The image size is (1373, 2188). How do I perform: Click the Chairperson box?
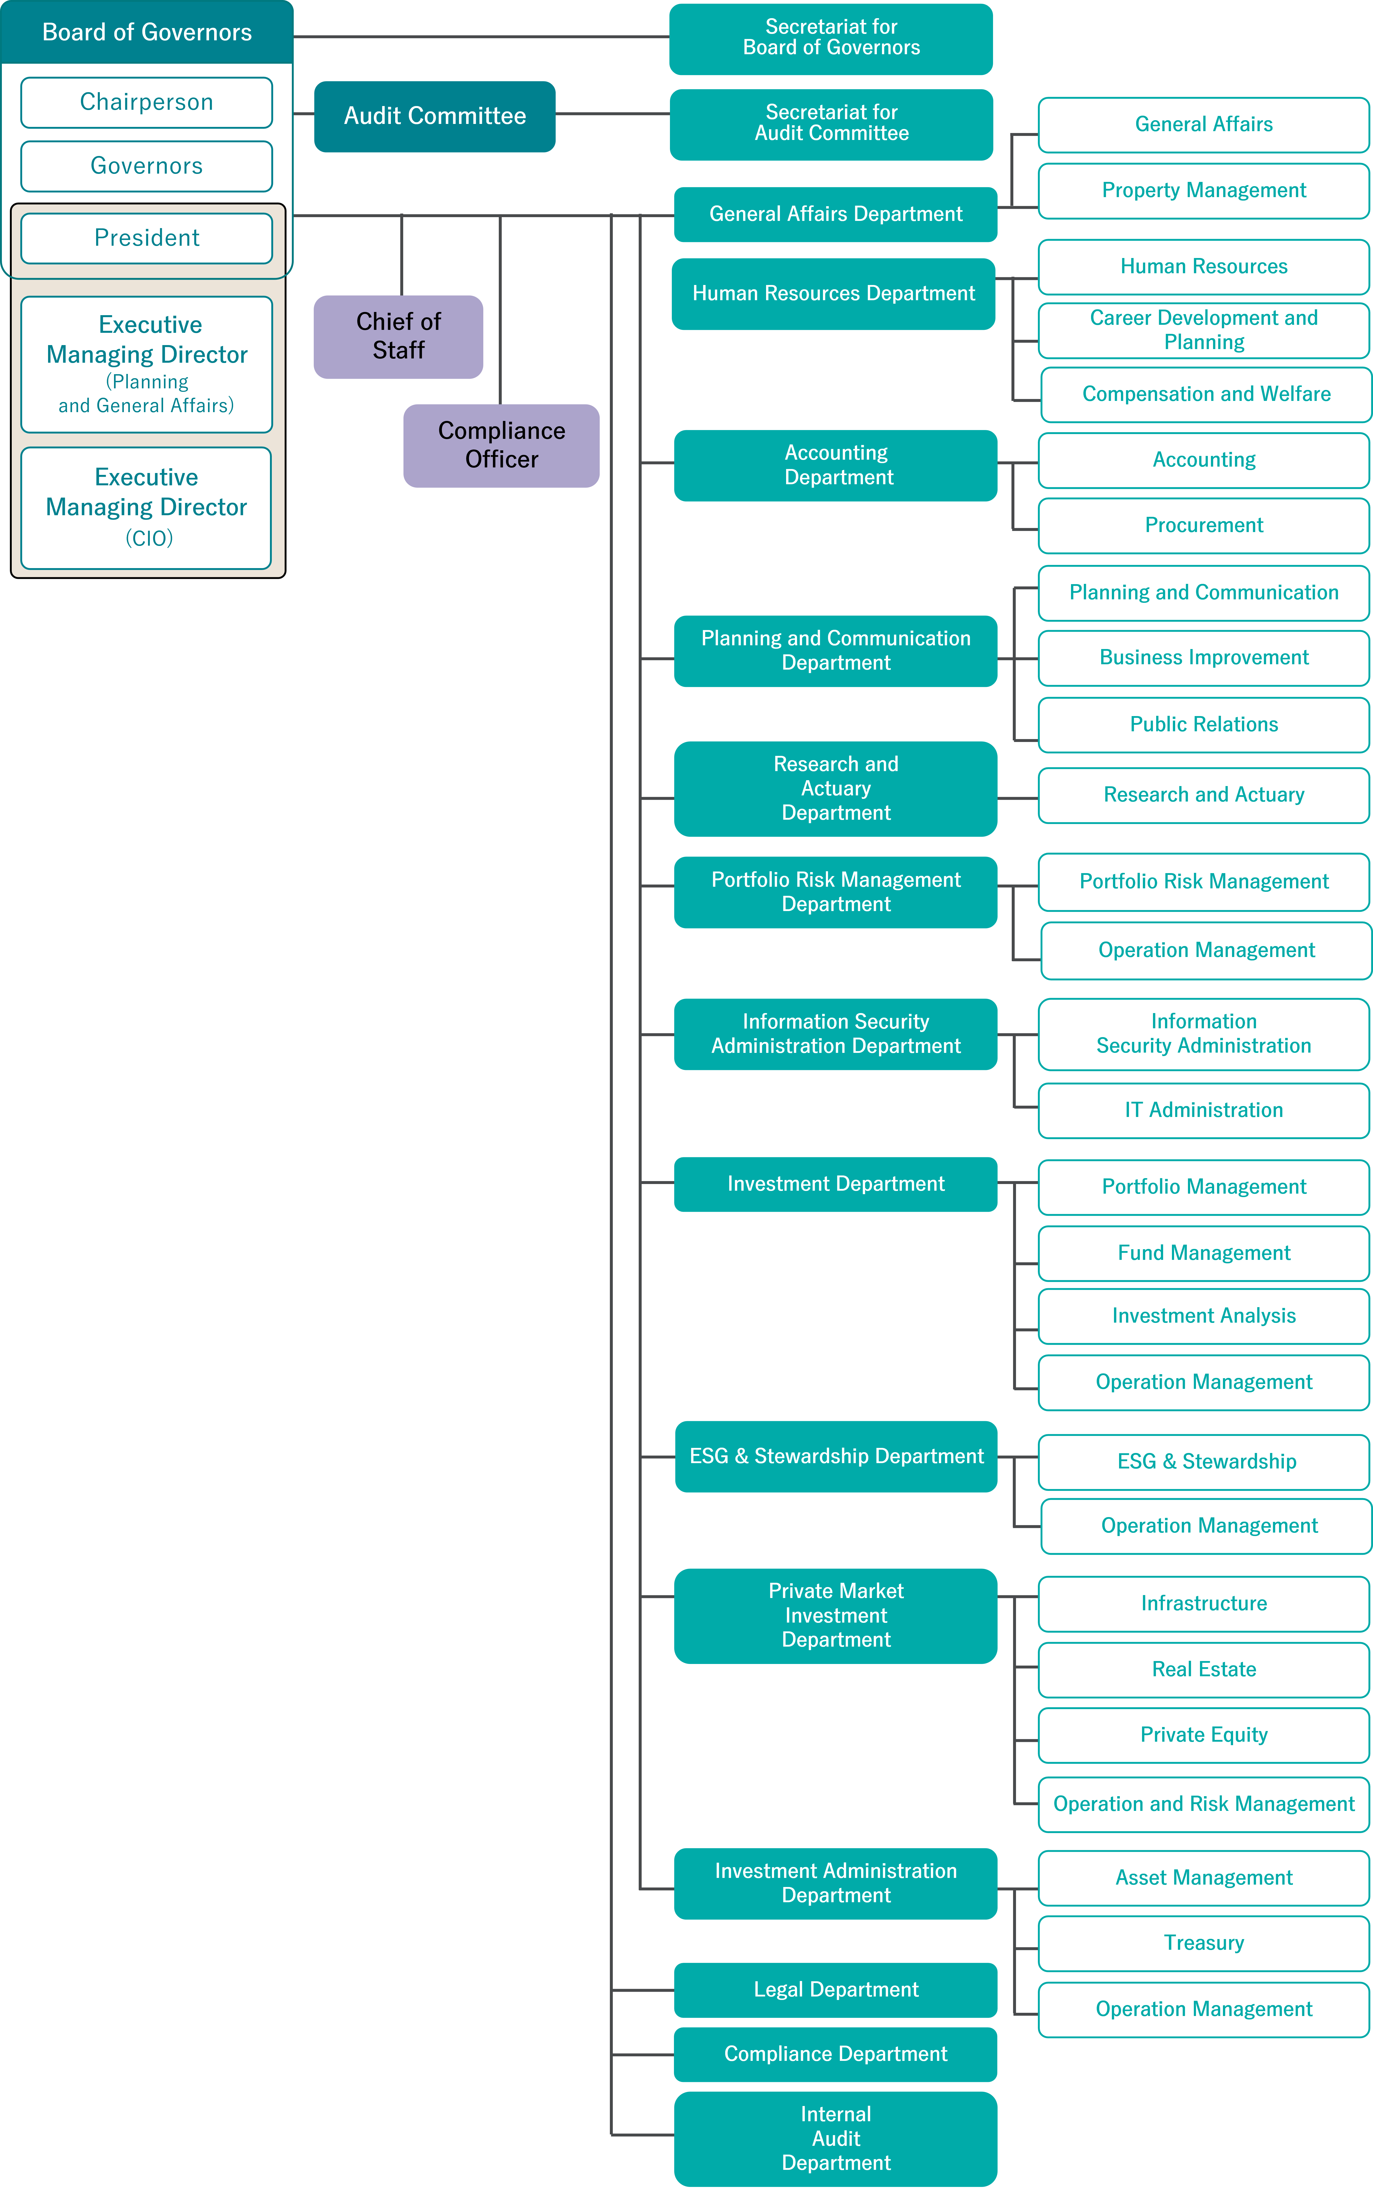pos(146,102)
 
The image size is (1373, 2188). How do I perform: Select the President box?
pos(146,238)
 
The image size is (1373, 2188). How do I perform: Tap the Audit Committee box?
pos(434,116)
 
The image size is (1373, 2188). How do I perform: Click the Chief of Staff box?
pos(398,336)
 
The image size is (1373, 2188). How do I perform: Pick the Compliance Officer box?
pos(501,445)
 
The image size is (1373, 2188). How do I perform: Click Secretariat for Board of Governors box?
pos(831,38)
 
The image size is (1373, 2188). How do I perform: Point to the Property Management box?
pos(1203,191)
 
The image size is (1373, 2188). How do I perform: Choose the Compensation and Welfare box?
pos(1205,394)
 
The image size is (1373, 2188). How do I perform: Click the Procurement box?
pos(1203,525)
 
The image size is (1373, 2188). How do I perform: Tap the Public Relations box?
pos(1203,724)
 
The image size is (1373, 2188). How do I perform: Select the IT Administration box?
pos(1203,1110)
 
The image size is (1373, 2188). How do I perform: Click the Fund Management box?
pos(1203,1252)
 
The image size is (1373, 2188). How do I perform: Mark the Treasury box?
pos(1203,1943)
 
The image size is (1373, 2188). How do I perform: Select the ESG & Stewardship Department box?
pos(835,1456)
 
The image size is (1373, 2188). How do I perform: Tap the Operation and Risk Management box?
pos(1203,1804)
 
